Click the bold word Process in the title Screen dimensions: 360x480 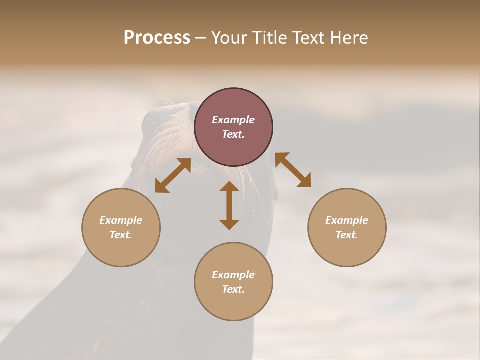click(x=157, y=38)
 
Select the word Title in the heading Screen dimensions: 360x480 click(x=271, y=38)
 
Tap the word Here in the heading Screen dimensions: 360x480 click(x=348, y=38)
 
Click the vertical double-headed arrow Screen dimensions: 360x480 click(x=229, y=205)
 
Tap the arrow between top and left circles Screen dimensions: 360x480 click(x=173, y=175)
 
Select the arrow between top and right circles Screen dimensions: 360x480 click(x=293, y=170)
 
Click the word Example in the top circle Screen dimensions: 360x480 click(x=233, y=120)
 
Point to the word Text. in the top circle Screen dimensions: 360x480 click(x=233, y=134)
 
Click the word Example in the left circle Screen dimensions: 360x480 click(x=121, y=220)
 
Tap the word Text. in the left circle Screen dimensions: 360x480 click(x=121, y=235)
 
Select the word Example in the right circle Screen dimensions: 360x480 click(x=347, y=220)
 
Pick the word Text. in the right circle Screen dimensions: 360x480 click(x=347, y=235)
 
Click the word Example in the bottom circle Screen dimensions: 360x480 click(x=233, y=275)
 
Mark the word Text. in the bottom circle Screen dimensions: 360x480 click(x=233, y=289)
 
